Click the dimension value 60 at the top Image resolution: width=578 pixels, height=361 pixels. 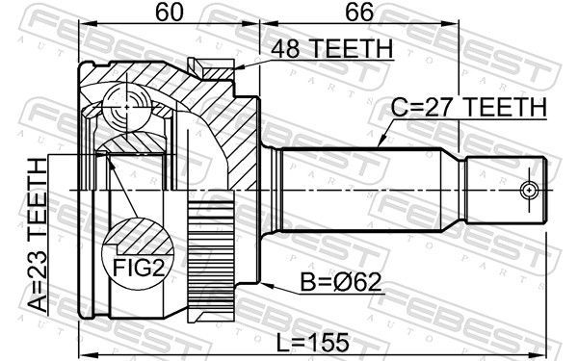pos(170,12)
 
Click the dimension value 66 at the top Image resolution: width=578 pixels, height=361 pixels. pos(359,12)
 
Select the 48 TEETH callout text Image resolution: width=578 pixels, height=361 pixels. pos(332,49)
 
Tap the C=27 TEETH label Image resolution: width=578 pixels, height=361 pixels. pos(469,107)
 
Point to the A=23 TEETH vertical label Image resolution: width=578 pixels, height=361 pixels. pos(38,236)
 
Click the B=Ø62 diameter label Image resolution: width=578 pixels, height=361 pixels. pos(341,283)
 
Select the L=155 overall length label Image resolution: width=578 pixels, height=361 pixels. pos(312,342)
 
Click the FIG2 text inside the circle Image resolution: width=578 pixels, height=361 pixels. pos(138,267)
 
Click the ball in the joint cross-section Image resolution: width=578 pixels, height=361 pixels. pos(126,107)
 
